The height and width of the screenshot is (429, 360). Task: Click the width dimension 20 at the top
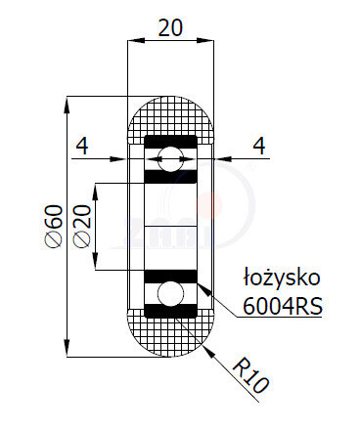coord(172,27)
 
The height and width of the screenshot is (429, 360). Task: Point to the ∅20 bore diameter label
coord(81,227)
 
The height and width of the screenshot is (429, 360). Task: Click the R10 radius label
coord(252,377)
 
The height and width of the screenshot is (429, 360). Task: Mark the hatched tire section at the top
coord(172,116)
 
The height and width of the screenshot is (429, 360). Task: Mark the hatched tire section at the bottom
coord(172,338)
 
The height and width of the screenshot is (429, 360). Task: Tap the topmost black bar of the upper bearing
coord(172,142)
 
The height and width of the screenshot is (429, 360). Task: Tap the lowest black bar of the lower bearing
coord(172,313)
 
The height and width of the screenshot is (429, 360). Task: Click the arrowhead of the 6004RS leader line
coord(203,288)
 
